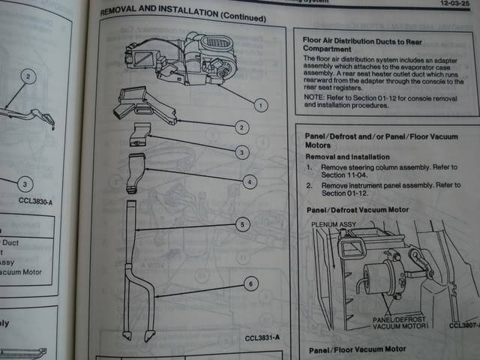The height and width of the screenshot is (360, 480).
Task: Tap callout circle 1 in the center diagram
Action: pos(260,105)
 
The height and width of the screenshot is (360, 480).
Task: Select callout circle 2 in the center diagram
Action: pos(241,127)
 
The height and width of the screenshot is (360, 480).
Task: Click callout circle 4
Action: pos(250,181)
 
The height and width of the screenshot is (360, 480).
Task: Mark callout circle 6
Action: pos(250,283)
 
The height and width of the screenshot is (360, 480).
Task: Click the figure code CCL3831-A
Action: pos(262,338)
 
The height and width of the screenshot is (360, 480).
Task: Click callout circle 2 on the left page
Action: pos(27,76)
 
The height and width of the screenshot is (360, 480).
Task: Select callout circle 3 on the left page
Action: pos(25,184)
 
